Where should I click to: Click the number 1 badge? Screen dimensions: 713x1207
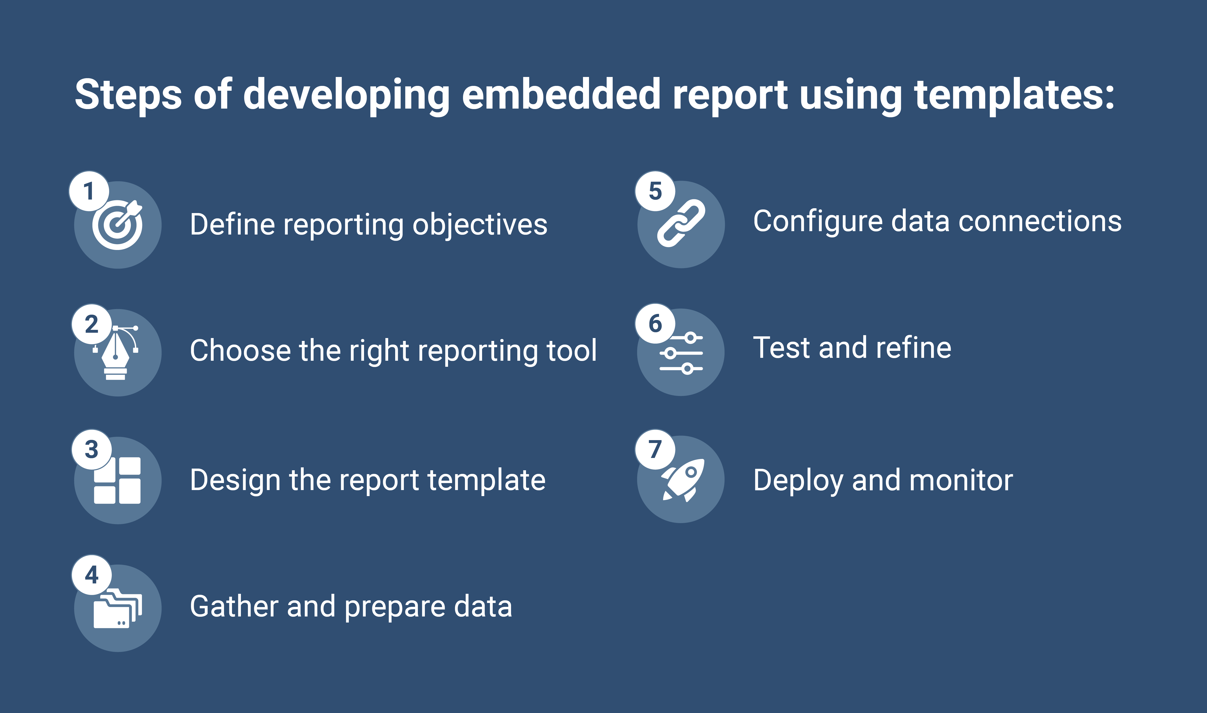89,191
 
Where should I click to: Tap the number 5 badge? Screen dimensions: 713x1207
655,191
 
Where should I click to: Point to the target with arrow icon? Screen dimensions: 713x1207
118,225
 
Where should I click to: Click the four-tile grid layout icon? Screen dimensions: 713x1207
118,480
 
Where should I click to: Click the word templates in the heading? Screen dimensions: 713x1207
1014,95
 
